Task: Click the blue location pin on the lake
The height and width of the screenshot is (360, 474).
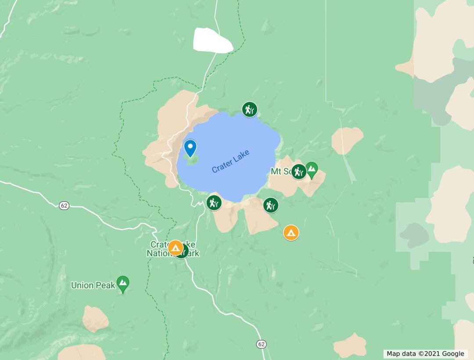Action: [190, 147]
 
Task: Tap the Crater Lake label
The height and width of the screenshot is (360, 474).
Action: [230, 161]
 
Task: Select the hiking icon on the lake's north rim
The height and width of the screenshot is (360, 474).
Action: [249, 109]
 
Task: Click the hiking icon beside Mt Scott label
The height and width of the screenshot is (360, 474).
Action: [298, 171]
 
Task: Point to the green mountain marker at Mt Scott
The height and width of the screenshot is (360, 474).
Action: [312, 169]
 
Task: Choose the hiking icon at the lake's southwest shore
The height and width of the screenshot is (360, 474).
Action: [214, 203]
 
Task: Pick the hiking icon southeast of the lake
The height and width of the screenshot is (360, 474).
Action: [271, 205]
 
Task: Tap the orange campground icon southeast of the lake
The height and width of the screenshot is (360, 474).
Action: [291, 232]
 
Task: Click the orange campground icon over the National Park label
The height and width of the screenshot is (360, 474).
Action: [176, 248]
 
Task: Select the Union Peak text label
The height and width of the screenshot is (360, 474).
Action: [93, 285]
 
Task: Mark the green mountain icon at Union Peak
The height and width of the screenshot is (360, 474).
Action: [123, 284]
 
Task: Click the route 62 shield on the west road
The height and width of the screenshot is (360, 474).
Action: [64, 205]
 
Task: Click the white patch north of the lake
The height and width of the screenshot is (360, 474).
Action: [212, 41]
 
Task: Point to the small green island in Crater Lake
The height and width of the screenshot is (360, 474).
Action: [192, 160]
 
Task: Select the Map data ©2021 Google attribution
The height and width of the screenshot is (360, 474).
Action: [425, 354]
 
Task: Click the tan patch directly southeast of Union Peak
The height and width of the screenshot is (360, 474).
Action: [95, 318]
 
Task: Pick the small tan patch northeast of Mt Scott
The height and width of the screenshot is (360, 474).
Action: [347, 140]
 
